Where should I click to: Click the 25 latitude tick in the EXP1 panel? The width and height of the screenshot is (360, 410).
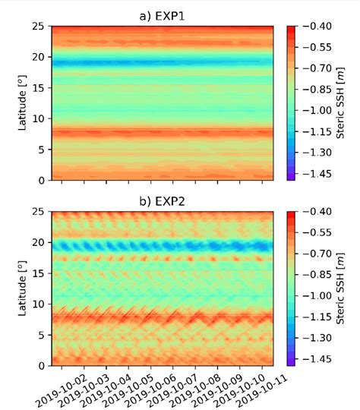(39, 27)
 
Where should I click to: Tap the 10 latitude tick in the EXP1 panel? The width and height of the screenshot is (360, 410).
(39, 118)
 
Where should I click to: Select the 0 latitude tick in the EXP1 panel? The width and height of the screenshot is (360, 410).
(43, 181)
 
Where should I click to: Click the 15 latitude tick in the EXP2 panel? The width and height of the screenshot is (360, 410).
(39, 273)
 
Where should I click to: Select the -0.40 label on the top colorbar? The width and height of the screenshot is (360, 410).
(317, 27)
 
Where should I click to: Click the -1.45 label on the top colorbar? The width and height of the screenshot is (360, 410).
(317, 173)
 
